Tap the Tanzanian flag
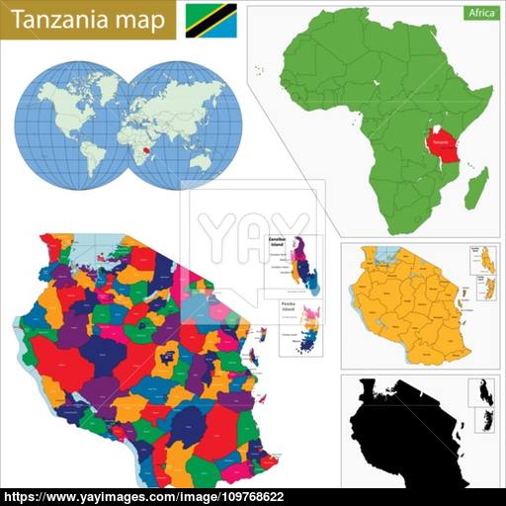[x=211, y=20]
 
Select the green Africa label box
[x=480, y=14]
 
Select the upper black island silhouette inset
[x=484, y=389]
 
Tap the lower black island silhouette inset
[x=485, y=420]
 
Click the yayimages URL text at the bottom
[x=252, y=496]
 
